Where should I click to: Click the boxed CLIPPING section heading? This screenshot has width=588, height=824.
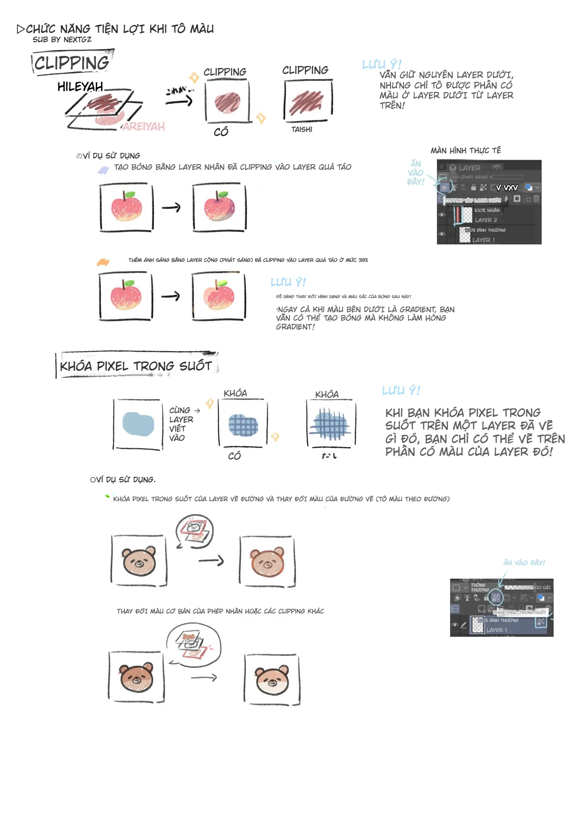pos(72,63)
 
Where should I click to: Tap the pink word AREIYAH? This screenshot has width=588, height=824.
pos(144,127)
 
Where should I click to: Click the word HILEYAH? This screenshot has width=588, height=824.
pos(80,87)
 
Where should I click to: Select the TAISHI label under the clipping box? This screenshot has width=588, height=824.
pos(301,130)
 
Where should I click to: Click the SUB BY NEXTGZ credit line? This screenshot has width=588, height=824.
pos(62,39)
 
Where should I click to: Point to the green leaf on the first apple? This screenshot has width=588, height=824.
pos(129,195)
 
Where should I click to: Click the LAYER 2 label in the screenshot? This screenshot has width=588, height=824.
pos(486,220)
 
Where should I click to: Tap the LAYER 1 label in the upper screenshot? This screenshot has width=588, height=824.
pos(484,240)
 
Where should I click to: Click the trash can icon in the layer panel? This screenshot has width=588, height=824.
pos(536,198)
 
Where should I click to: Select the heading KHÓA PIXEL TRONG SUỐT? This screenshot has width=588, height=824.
pos(136,366)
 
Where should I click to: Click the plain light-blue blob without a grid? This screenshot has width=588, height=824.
pos(138,424)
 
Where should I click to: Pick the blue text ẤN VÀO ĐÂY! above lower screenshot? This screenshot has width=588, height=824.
pos(524,562)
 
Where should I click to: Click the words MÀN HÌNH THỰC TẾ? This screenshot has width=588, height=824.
pos(465,150)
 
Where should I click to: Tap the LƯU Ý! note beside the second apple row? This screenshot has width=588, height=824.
pos(288,282)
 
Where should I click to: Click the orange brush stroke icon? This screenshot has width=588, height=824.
pos(103,262)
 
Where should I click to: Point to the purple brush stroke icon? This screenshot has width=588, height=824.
pos(103,171)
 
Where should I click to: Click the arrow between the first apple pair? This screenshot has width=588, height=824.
pos(171,208)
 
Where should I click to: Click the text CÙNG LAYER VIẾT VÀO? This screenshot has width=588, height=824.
pos(181,424)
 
